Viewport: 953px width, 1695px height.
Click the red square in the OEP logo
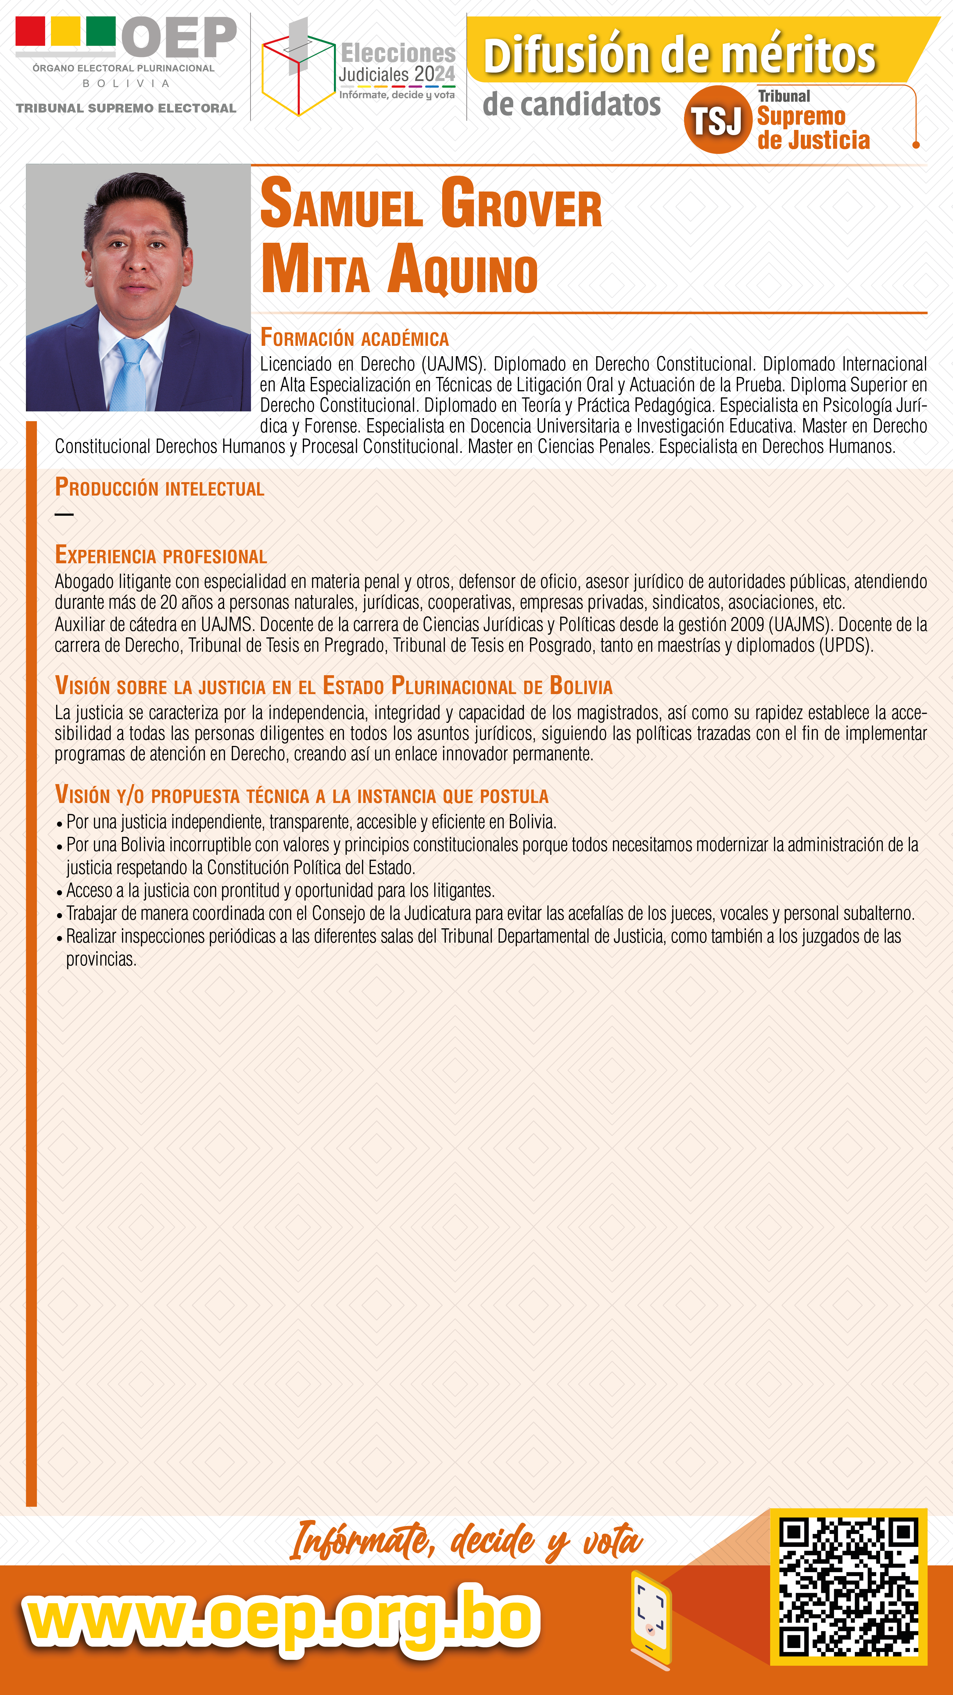[30, 31]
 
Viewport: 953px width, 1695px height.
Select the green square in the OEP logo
[101, 31]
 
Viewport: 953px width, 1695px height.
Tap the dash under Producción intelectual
[64, 514]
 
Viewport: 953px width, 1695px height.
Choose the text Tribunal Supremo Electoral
[126, 108]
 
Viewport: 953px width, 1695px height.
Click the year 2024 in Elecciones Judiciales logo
[434, 74]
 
